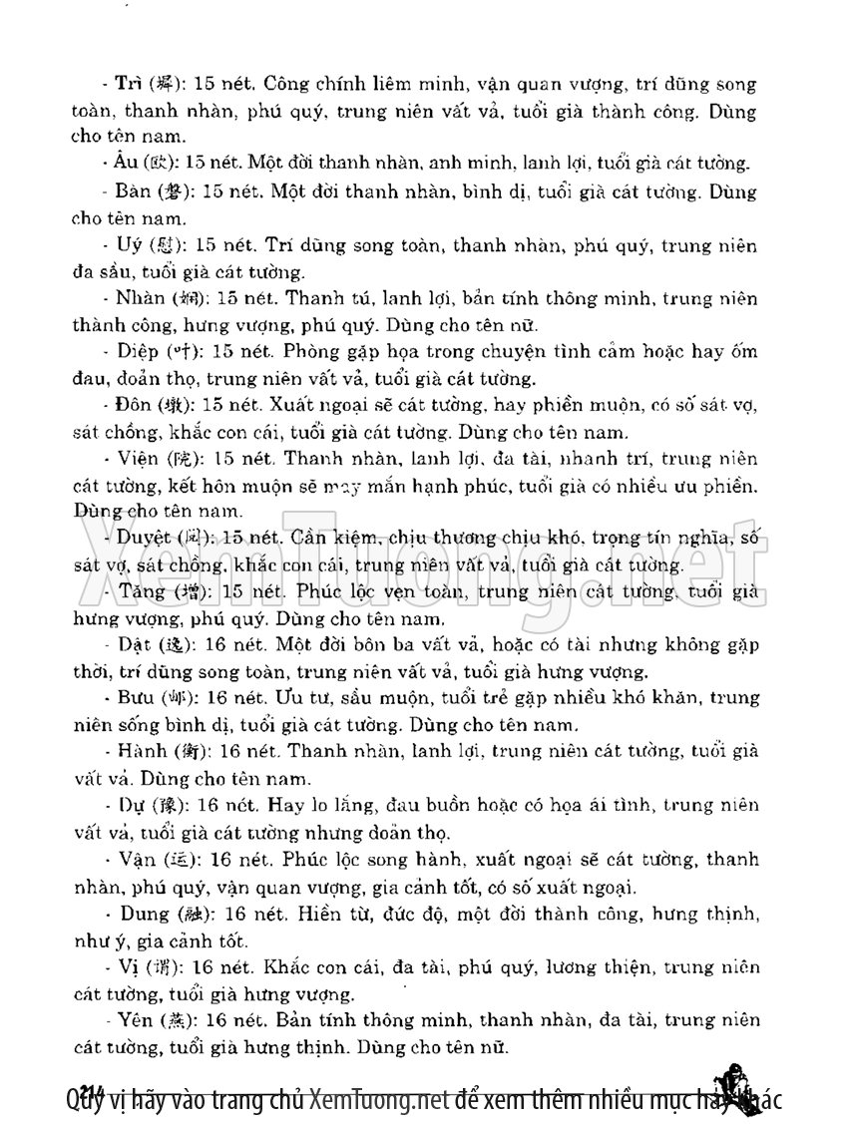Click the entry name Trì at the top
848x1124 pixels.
pyautogui.click(x=127, y=85)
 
